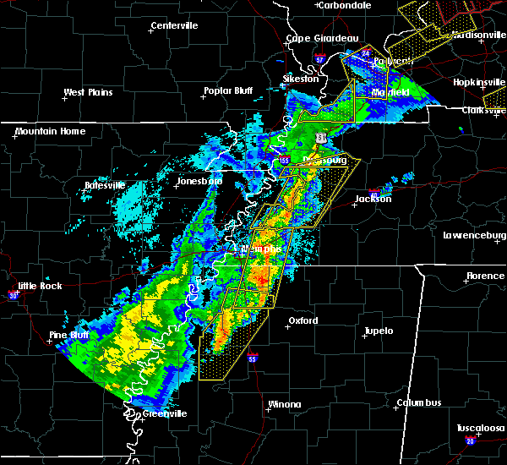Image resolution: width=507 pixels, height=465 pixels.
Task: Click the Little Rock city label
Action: (x=40, y=286)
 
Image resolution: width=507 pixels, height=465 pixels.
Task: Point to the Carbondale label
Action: (x=346, y=5)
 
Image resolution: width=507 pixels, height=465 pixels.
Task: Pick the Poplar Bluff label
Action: (x=228, y=90)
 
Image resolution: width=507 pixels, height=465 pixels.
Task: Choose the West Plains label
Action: (x=89, y=92)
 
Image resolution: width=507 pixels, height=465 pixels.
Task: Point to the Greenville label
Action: (x=164, y=413)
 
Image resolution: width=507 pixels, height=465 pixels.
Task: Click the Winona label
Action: (x=284, y=404)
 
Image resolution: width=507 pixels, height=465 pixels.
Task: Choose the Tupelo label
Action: (x=378, y=331)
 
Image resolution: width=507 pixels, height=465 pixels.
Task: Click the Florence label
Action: (x=485, y=276)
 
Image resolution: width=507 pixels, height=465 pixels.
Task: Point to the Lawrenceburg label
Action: (x=474, y=236)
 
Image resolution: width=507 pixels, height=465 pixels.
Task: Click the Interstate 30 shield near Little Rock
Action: (x=14, y=295)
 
